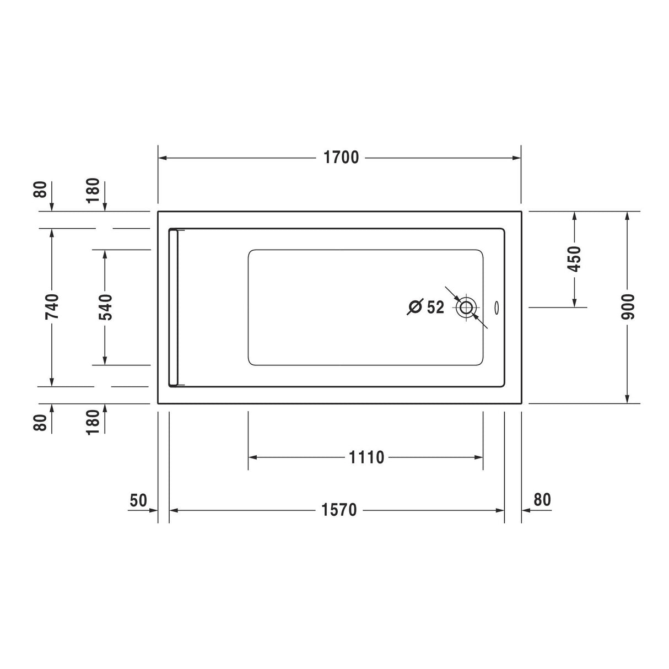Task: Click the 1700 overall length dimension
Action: click(x=341, y=158)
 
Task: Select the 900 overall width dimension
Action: click(x=629, y=306)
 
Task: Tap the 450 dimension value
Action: click(x=575, y=259)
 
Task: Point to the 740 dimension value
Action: click(x=52, y=306)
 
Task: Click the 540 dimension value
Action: click(x=105, y=306)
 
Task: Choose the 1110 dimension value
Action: click(x=366, y=457)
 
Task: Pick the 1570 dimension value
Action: click(x=339, y=510)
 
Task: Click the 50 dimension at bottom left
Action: click(x=138, y=500)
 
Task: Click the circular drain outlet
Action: click(x=466, y=307)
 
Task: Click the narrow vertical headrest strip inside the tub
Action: click(x=174, y=307)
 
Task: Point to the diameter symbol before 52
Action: click(x=415, y=307)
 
